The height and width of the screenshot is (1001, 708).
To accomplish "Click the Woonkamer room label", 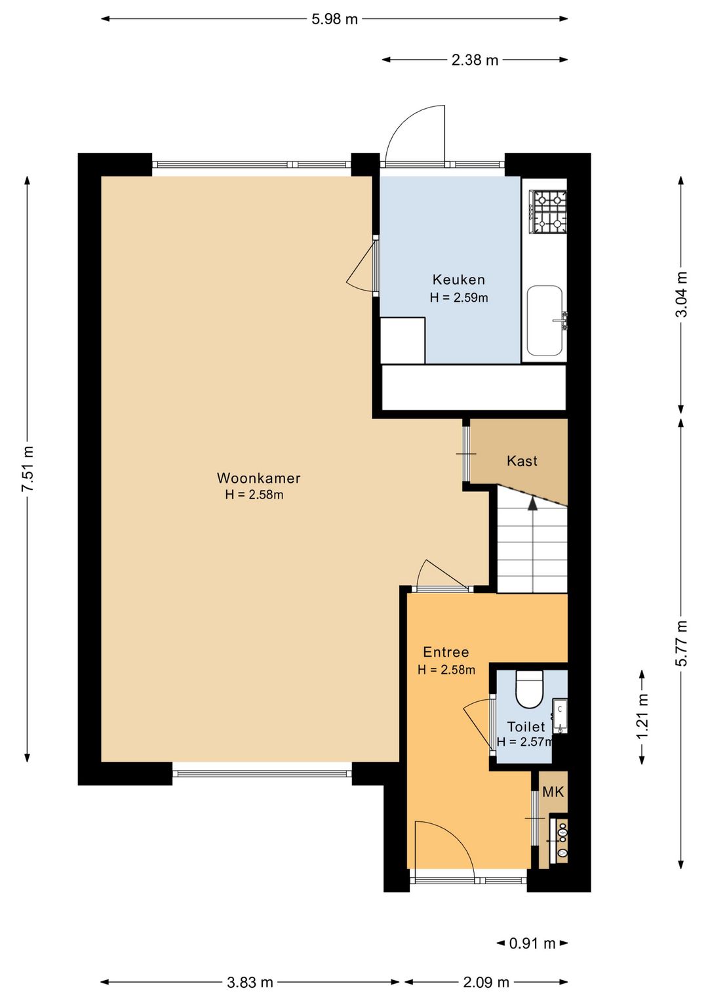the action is pyautogui.click(x=259, y=478).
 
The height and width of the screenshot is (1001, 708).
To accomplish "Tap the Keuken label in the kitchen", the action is pyautogui.click(x=459, y=279).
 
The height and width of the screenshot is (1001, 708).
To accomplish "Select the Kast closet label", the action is pyautogui.click(x=522, y=460).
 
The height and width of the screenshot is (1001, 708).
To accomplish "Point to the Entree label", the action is pyautogui.click(x=446, y=652).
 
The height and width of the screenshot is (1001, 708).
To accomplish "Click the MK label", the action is pyautogui.click(x=553, y=792).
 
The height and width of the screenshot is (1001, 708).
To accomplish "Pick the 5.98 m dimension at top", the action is pyautogui.click(x=335, y=19).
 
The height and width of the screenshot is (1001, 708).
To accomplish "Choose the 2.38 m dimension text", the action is pyautogui.click(x=475, y=60).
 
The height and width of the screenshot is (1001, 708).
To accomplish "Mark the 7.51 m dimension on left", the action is pyautogui.click(x=28, y=469).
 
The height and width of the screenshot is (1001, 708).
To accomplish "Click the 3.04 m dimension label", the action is pyautogui.click(x=680, y=294).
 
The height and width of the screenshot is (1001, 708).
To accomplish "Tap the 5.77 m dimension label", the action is pyautogui.click(x=680, y=643).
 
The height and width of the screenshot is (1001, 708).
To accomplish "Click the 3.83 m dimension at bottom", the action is pyautogui.click(x=250, y=982).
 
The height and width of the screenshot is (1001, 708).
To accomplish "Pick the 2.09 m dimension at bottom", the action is pyautogui.click(x=486, y=982).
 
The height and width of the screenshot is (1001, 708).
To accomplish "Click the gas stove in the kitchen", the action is pyautogui.click(x=548, y=212).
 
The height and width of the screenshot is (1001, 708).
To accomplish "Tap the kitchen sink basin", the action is pyautogui.click(x=545, y=320).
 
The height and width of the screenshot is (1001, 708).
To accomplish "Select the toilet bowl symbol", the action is pyautogui.click(x=529, y=689).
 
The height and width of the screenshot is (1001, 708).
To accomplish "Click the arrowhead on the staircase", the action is pyautogui.click(x=532, y=503).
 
